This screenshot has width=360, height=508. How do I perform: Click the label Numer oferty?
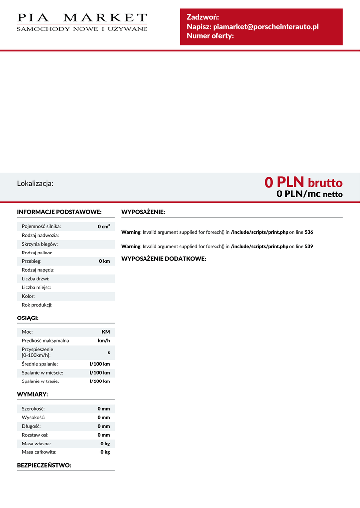click(x=210, y=36)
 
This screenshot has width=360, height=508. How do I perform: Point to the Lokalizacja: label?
click(x=35, y=183)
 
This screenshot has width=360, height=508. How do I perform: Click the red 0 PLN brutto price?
click(x=303, y=182)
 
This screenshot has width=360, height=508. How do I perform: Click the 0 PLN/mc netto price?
click(x=309, y=194)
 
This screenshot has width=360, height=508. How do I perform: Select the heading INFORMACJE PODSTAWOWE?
click(x=59, y=212)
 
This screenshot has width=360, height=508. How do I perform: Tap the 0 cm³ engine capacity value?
click(x=104, y=226)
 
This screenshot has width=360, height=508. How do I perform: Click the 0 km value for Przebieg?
click(x=104, y=261)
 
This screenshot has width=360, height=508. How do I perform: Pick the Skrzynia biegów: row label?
click(x=40, y=244)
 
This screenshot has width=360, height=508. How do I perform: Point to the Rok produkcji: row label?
click(x=37, y=305)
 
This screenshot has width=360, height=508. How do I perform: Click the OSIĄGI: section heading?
click(x=28, y=317)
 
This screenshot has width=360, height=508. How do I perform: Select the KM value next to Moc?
click(x=106, y=331)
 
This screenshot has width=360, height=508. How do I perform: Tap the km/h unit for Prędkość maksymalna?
click(x=104, y=340)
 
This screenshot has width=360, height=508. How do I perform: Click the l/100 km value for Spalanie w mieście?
click(x=100, y=372)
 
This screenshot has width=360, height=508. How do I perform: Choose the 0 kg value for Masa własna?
click(x=105, y=444)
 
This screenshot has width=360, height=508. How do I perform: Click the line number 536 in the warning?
click(x=309, y=232)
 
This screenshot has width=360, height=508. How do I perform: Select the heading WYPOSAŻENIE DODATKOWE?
click(x=163, y=259)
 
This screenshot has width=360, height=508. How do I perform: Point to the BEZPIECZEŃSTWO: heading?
click(x=44, y=465)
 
